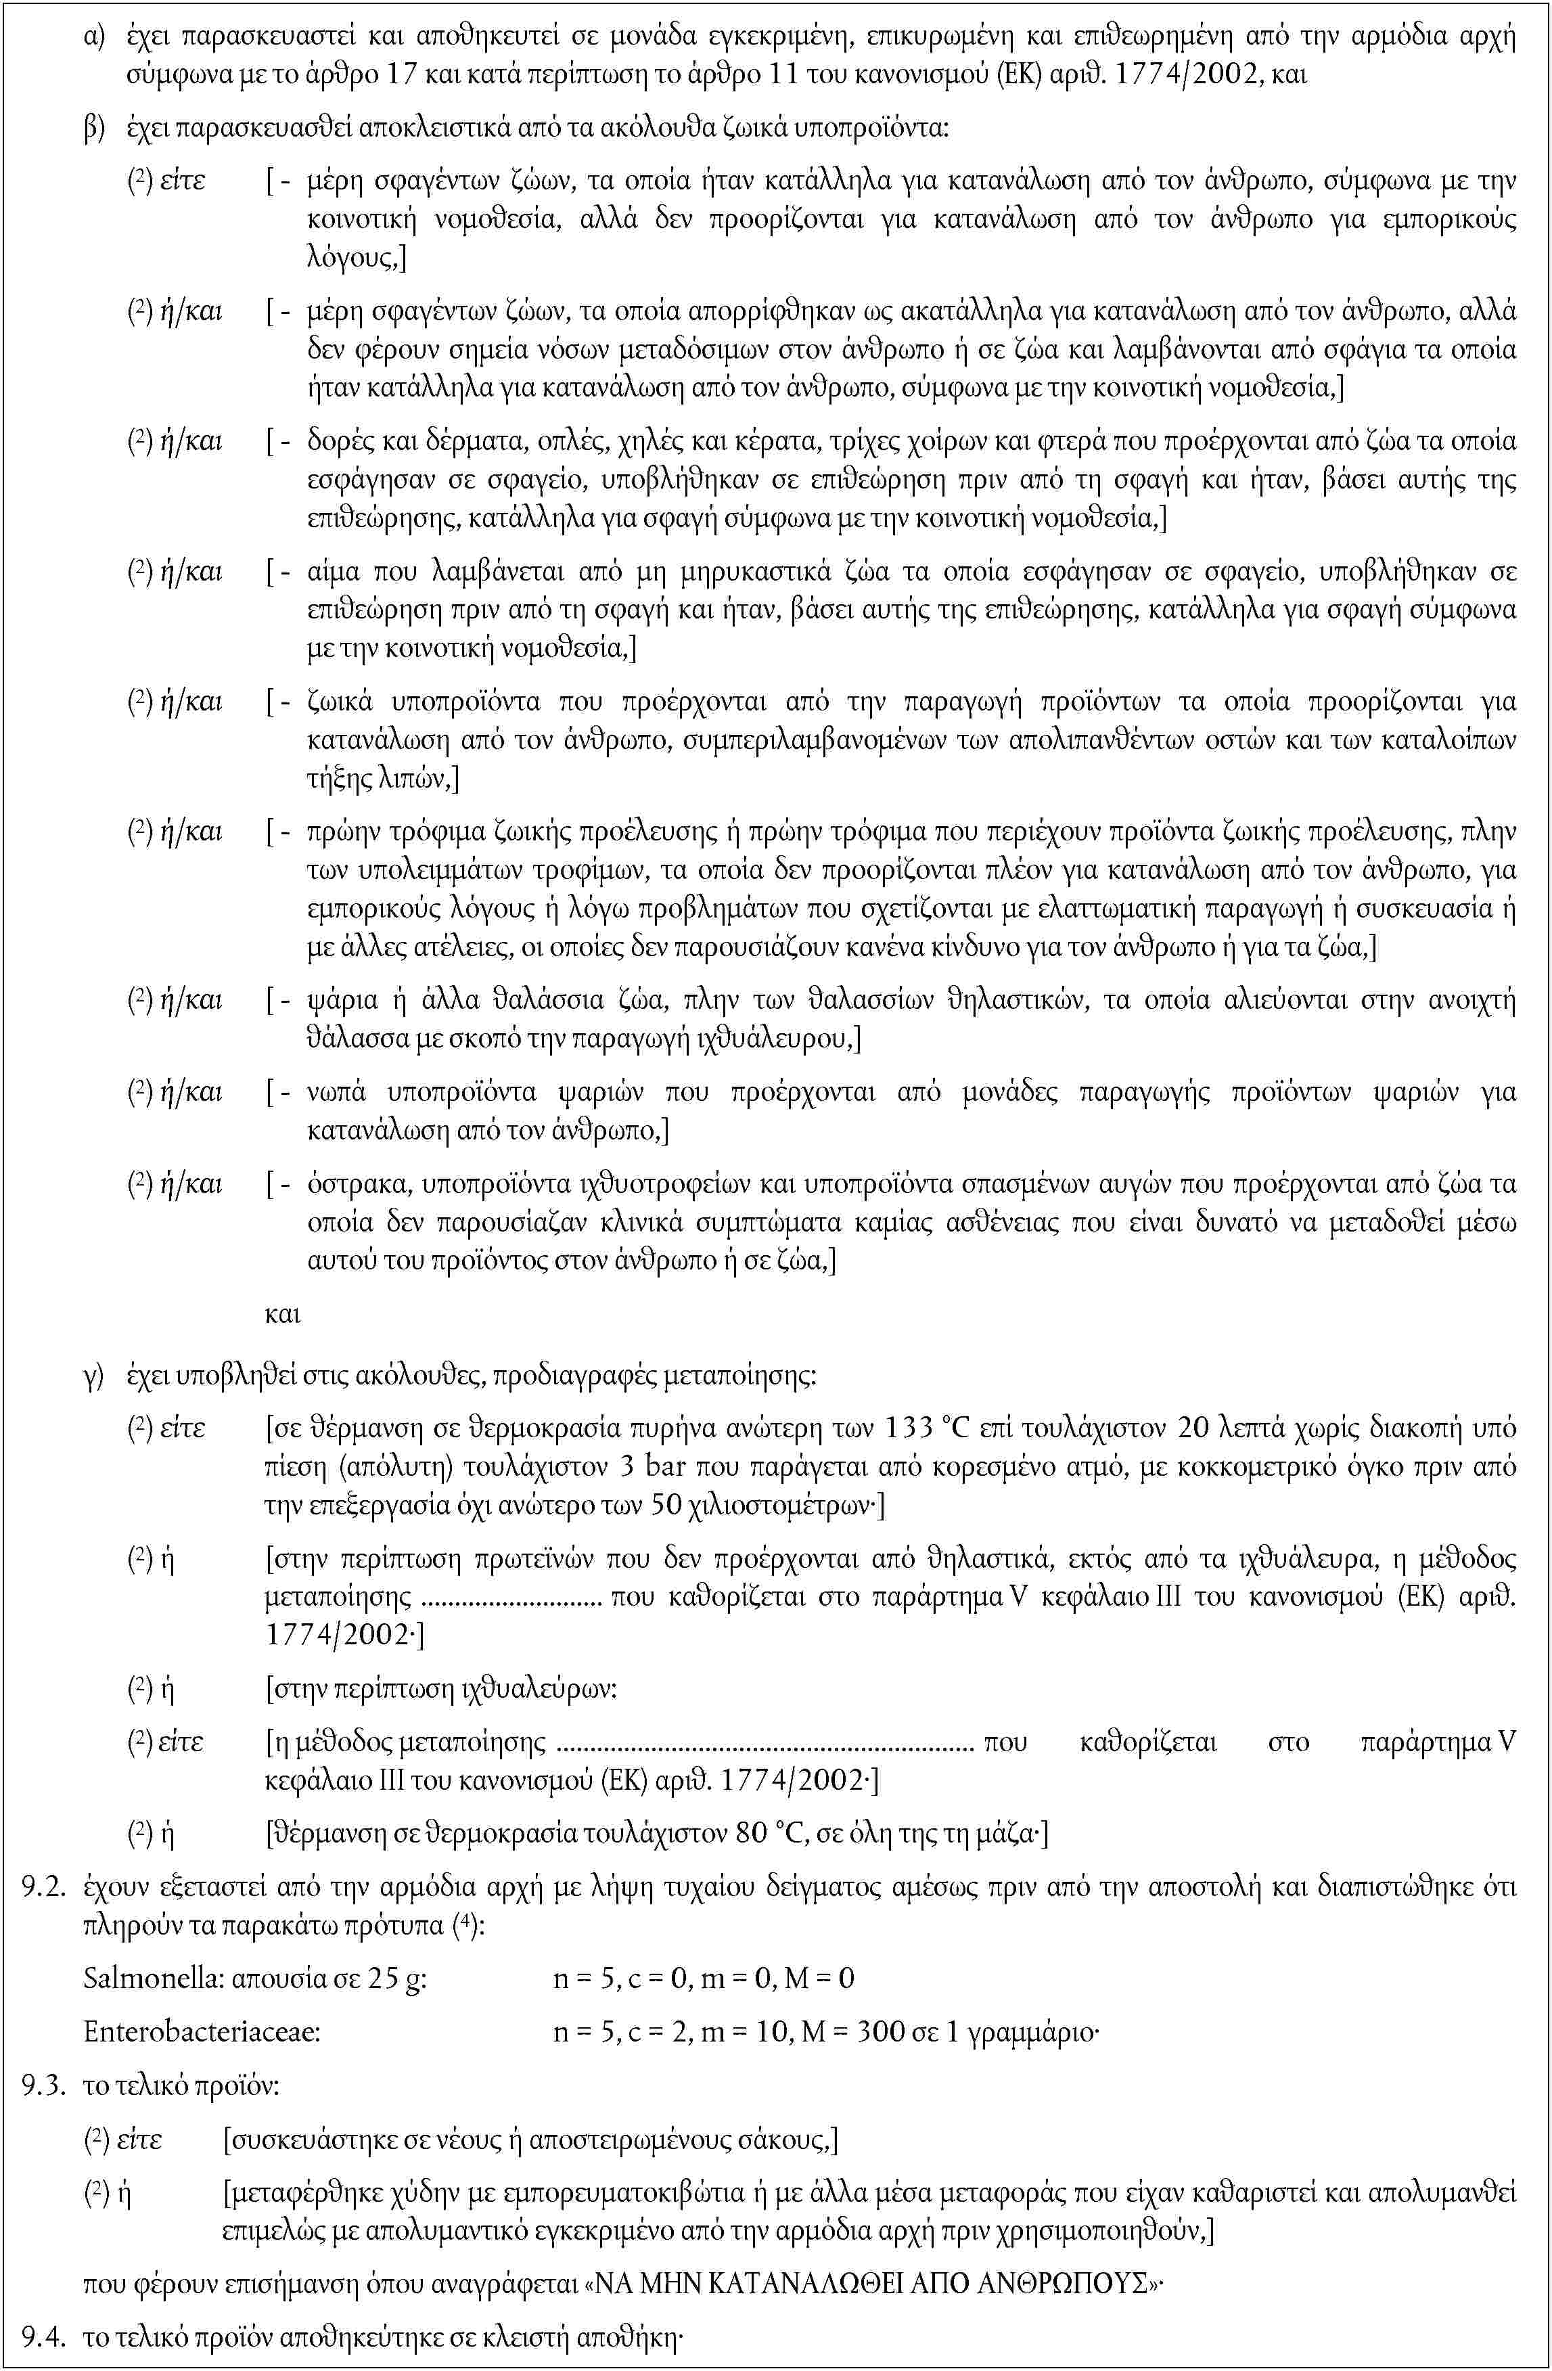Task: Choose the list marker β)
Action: [95, 129]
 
